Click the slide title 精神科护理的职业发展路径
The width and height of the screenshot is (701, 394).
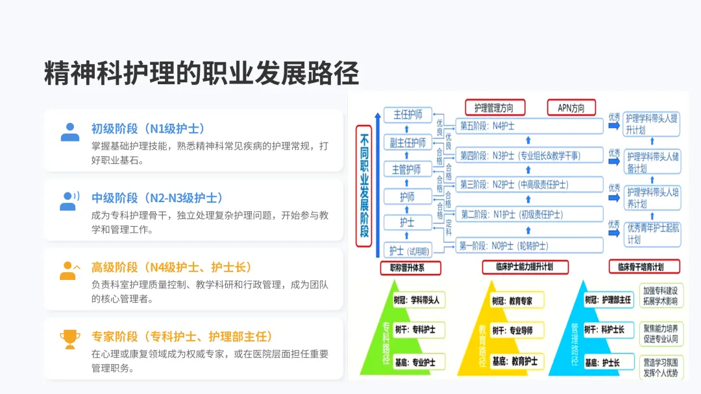tap(201, 73)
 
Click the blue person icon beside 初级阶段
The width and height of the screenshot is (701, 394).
tap(69, 132)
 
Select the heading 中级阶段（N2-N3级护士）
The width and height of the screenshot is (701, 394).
tap(157, 198)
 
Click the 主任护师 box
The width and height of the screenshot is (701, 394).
tap(408, 115)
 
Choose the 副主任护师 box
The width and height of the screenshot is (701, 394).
tap(408, 143)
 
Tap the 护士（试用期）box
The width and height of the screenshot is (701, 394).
tap(408, 251)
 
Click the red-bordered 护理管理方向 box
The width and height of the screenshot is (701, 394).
tap(495, 108)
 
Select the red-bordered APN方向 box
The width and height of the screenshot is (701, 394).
tap(571, 108)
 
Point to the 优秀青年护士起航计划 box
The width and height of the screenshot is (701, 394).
tap(652, 233)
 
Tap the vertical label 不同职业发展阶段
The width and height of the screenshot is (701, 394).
tap(364, 185)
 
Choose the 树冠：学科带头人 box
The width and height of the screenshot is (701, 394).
tap(417, 300)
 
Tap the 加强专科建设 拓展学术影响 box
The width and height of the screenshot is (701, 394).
tap(660, 295)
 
